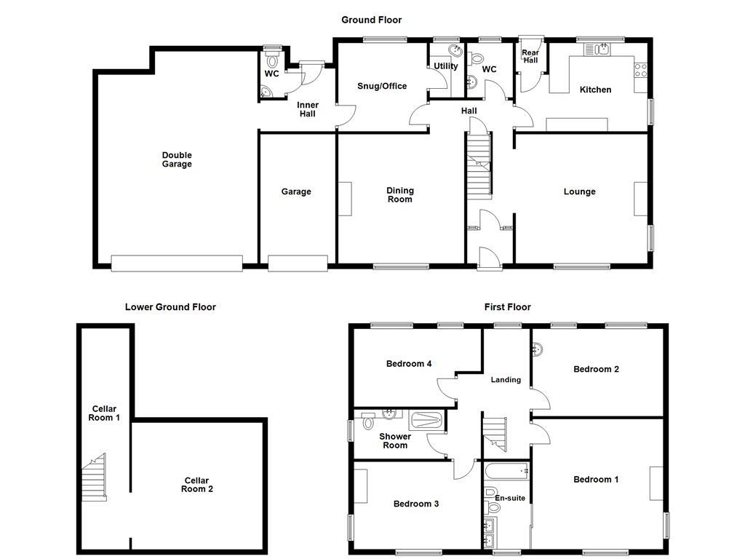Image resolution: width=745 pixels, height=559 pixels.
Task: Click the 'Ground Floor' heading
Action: coord(371,20)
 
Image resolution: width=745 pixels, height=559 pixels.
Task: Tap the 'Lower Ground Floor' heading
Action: coord(170,307)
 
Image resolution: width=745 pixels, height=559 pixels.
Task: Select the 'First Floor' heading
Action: coord(507,307)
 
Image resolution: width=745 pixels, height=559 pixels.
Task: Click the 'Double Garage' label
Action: coord(177,159)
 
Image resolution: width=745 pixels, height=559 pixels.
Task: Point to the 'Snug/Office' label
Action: coord(382,86)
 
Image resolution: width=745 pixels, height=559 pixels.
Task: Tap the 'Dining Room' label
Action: coord(399,195)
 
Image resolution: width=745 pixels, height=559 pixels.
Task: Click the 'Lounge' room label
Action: coord(579,191)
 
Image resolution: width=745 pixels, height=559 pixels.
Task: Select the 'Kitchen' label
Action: coord(595,90)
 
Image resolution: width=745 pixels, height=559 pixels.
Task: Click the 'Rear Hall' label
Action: coord(530,56)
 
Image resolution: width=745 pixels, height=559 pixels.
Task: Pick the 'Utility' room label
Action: coord(446,66)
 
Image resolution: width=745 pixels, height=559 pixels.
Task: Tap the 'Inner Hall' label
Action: coord(307,109)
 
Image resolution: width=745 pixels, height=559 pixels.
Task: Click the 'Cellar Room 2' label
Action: coord(196,485)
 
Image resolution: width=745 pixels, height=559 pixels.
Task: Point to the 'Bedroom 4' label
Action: coord(409,363)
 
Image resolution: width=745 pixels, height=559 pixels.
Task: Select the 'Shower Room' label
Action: coord(395,441)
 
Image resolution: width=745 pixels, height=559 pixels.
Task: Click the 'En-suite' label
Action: coord(510,498)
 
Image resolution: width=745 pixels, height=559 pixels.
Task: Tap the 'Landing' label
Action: coord(506,379)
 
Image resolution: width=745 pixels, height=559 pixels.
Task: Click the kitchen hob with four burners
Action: coord(641,71)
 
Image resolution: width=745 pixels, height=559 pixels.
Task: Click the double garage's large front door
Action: coord(177,263)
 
